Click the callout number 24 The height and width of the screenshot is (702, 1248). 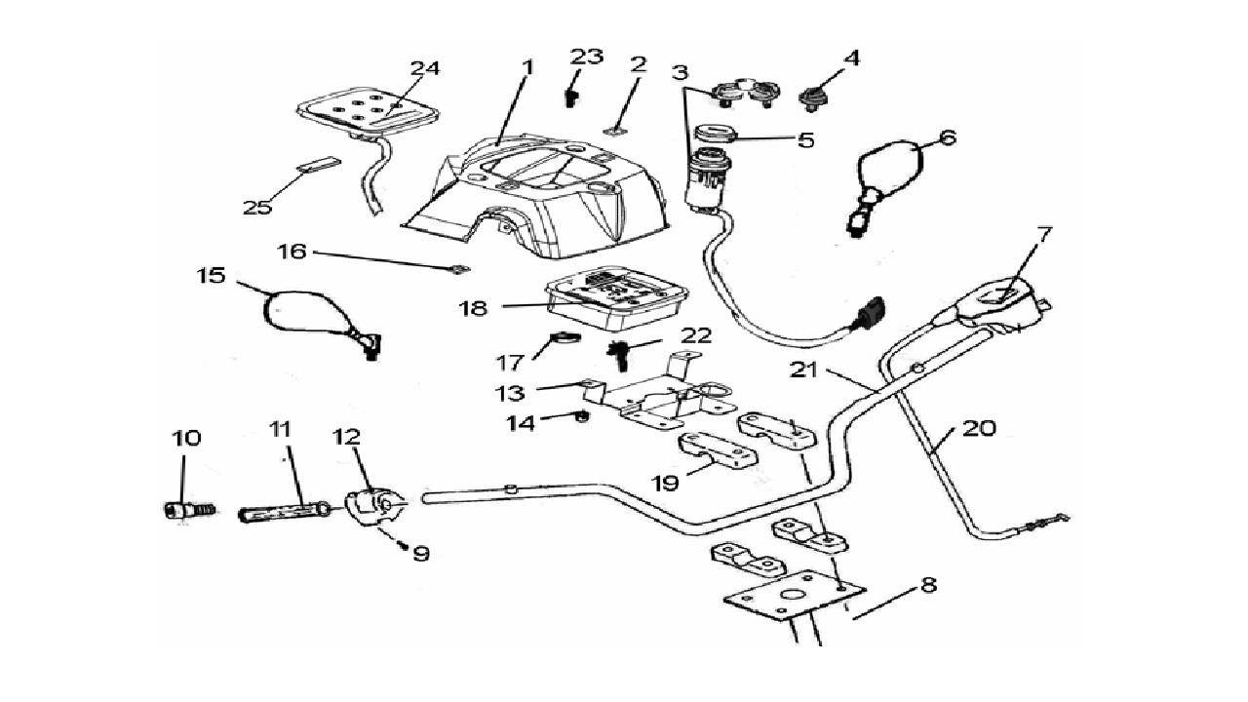tap(424, 69)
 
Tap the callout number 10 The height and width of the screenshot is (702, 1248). tap(186, 438)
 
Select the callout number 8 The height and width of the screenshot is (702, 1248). tap(927, 586)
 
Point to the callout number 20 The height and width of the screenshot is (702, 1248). tap(979, 427)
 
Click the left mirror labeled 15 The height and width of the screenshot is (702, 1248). tap(292, 312)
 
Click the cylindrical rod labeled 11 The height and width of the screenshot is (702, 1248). tap(283, 511)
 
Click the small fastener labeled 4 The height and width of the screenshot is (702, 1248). tap(808, 97)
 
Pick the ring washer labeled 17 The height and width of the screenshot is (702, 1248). tap(564, 339)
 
